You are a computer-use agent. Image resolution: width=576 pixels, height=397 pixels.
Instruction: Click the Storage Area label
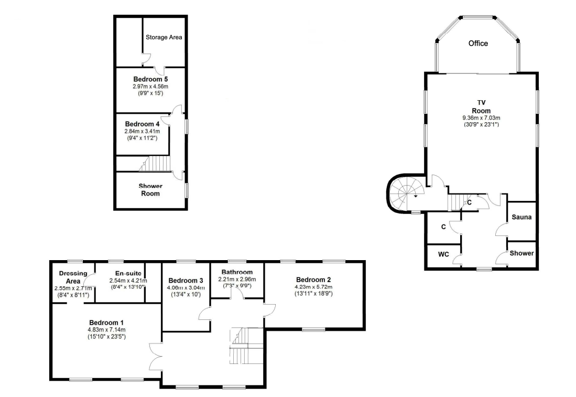[x=164, y=37]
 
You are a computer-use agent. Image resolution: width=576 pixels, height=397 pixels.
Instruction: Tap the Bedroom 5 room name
[x=150, y=79]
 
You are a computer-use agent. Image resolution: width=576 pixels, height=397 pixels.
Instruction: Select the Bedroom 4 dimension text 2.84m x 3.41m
[x=142, y=131]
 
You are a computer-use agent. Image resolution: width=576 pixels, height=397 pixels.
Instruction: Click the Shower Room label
[x=150, y=190]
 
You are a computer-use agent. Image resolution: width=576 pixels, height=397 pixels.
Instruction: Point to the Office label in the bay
[x=478, y=44]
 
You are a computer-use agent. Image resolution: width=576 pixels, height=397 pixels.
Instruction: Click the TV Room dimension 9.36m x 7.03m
[x=481, y=118]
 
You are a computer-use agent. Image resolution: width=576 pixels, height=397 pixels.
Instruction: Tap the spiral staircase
[x=405, y=193]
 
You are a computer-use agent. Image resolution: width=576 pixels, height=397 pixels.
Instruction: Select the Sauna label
[x=521, y=217]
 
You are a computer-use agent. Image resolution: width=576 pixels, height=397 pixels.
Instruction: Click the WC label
[x=443, y=254]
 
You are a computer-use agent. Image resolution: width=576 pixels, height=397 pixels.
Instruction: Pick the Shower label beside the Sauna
[x=521, y=253]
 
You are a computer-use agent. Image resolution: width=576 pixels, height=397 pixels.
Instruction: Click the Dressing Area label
[x=73, y=277]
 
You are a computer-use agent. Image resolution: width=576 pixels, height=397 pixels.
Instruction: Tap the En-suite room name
[x=128, y=273]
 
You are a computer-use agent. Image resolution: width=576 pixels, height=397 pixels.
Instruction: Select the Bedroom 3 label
[x=186, y=281]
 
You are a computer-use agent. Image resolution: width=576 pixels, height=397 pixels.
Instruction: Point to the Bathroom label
[x=237, y=272]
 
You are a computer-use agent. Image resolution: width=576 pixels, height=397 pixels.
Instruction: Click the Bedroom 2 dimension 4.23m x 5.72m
[x=313, y=287]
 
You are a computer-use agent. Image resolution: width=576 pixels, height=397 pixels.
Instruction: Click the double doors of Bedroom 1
[x=156, y=357]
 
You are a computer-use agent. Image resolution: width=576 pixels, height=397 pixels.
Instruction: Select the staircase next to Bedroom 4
[x=155, y=164]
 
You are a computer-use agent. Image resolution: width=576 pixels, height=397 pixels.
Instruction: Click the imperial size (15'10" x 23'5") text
[x=106, y=336]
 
